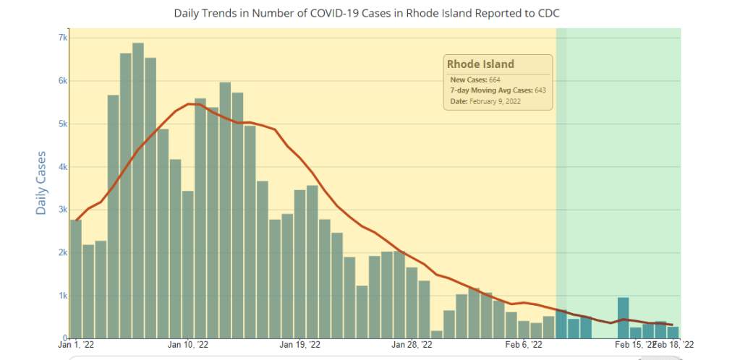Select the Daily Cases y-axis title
coord(41,183)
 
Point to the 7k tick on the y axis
coord(63,38)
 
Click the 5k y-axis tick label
coord(63,124)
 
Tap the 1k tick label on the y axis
coord(63,296)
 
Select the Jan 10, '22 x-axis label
coord(188,346)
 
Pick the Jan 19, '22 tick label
coord(299,346)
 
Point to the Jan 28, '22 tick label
coord(412,346)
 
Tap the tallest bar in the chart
coord(138,191)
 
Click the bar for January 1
coord(76,279)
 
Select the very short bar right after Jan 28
coord(437,335)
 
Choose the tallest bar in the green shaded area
coord(623,318)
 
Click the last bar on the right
coord(673,333)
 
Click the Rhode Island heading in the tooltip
coord(480,64)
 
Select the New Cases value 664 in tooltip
coord(493,80)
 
